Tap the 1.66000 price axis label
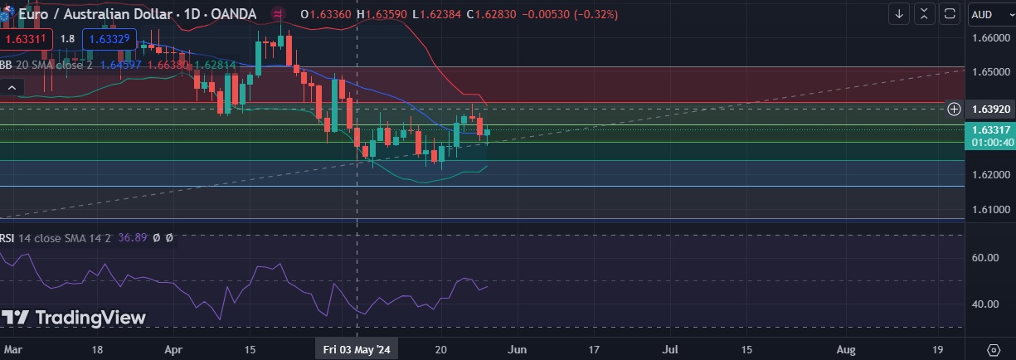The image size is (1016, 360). click(990, 38)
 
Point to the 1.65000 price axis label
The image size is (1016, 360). click(990, 72)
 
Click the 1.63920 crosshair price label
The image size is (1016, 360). click(990, 109)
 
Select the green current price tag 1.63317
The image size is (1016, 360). click(990, 129)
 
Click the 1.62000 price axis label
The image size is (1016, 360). click(990, 175)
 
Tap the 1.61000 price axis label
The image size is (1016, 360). click(990, 210)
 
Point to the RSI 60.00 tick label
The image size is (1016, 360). click(984, 257)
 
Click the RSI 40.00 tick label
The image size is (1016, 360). click(984, 304)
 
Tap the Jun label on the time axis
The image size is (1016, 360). click(516, 349)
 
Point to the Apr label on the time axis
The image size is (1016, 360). click(173, 349)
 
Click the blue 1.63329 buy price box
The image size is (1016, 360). click(109, 39)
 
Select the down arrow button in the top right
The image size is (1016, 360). click(899, 14)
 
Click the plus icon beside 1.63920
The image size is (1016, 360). click(954, 109)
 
